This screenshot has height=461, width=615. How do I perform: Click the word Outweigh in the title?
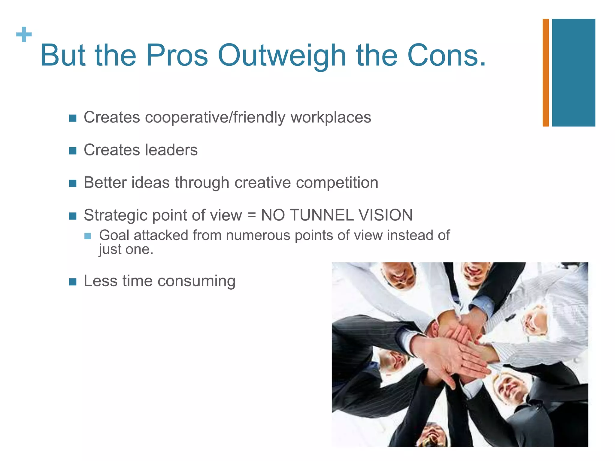[x=282, y=56]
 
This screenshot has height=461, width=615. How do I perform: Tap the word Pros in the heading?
[x=177, y=56]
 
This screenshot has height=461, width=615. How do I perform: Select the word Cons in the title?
[x=442, y=56]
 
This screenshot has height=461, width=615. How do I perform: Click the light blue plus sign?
[x=24, y=35]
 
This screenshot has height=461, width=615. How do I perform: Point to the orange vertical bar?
[x=546, y=73]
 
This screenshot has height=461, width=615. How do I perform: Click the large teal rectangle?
[x=574, y=73]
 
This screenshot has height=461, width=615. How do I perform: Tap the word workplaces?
[x=331, y=117]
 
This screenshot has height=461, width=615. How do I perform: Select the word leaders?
[x=171, y=150]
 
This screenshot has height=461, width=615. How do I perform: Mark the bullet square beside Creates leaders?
[x=73, y=151]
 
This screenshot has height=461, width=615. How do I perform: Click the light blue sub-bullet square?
[x=87, y=236]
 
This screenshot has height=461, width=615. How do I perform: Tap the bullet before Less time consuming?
[x=73, y=282]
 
